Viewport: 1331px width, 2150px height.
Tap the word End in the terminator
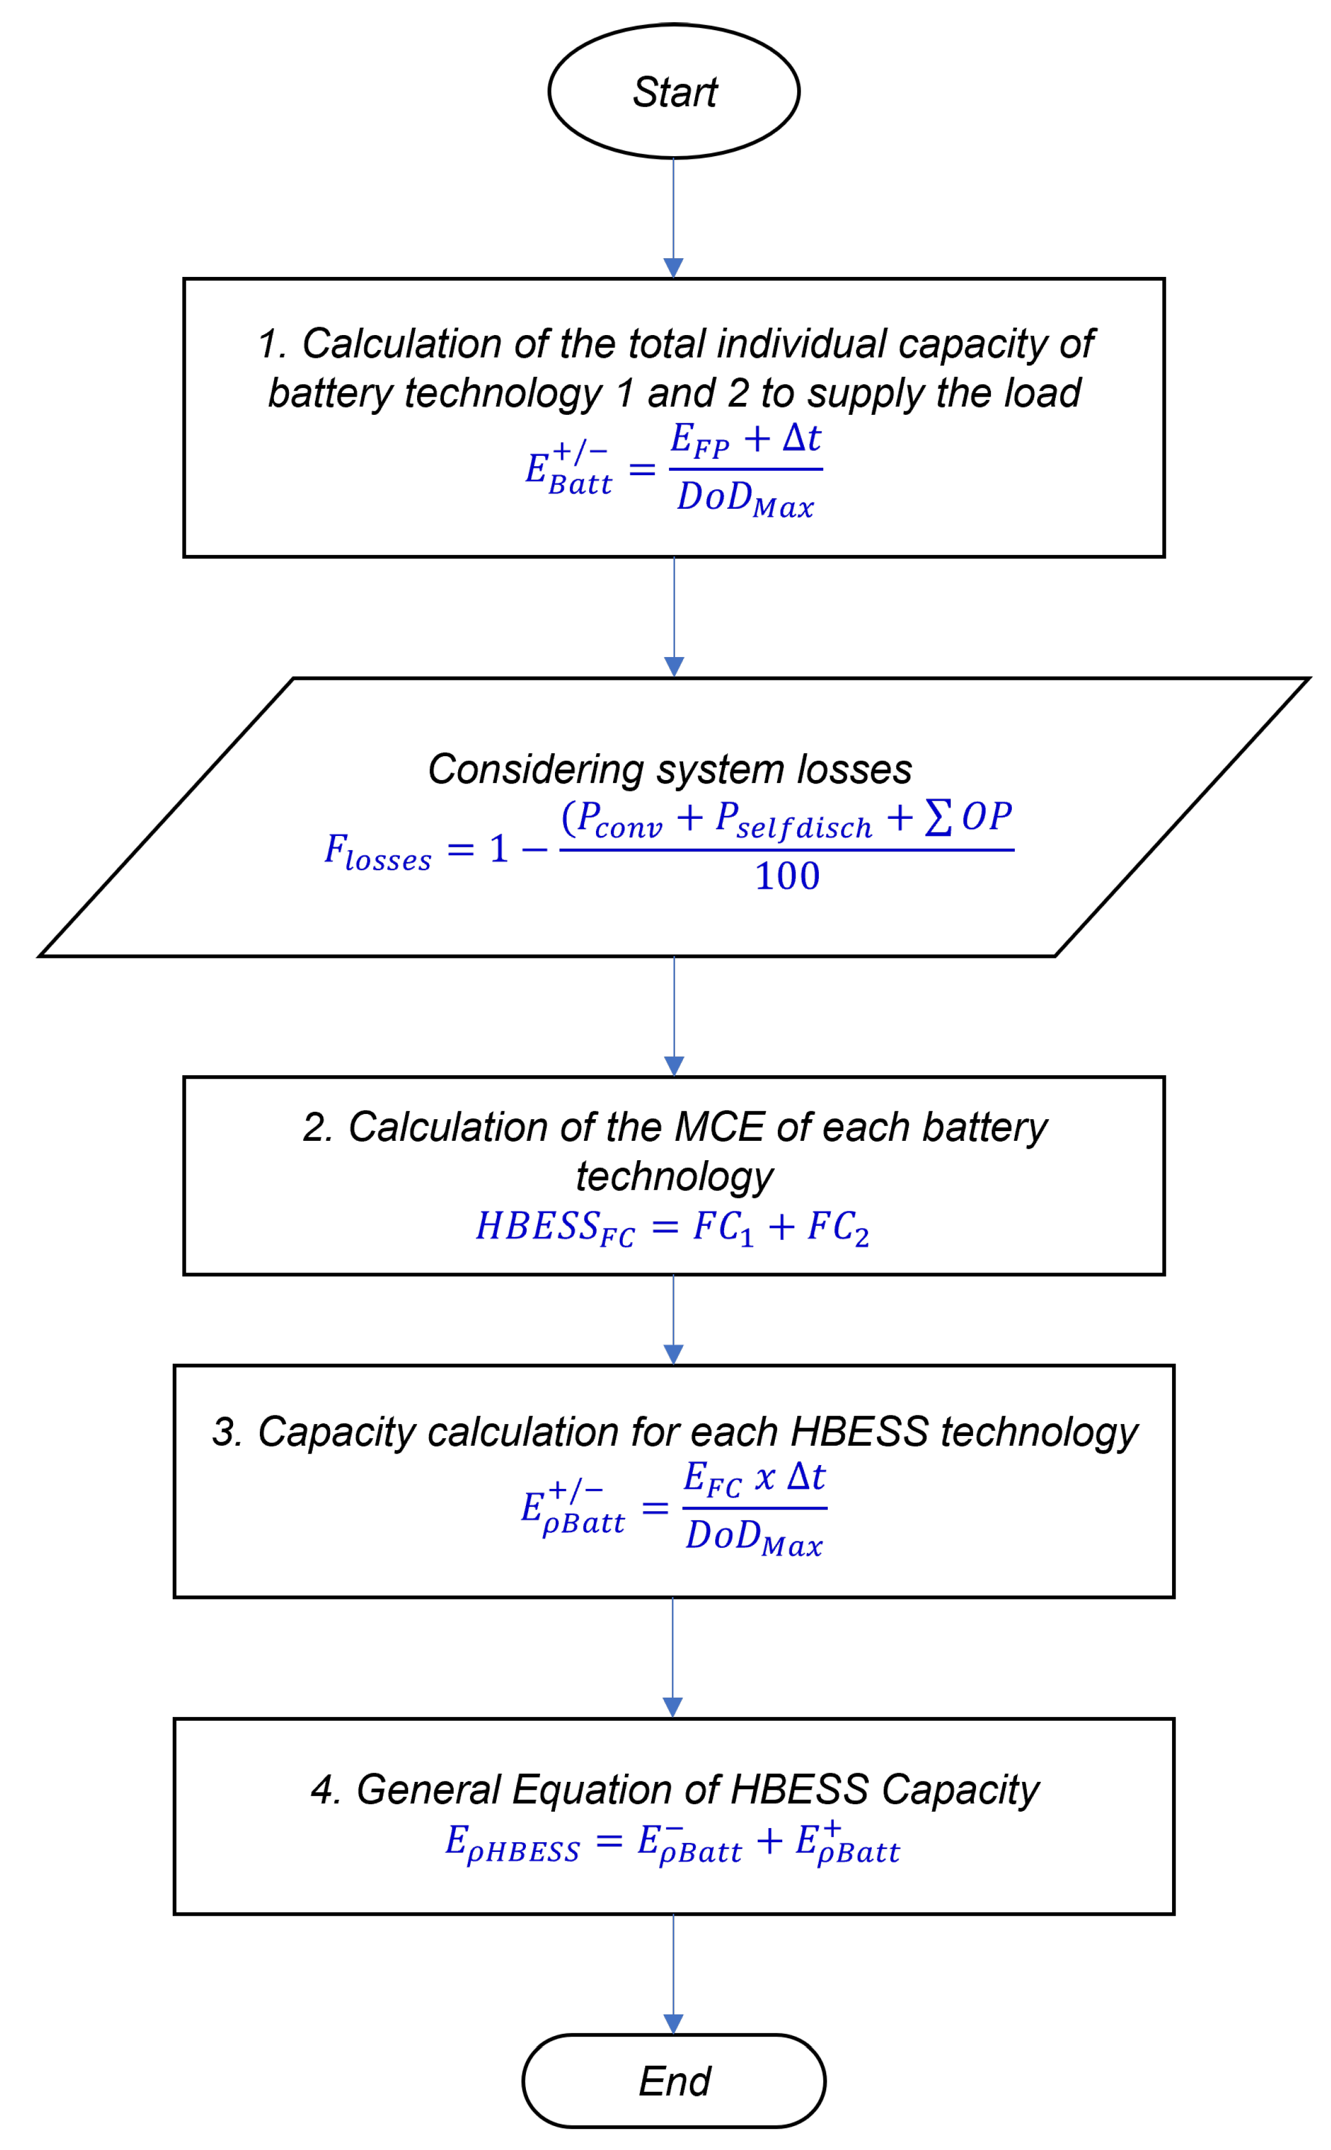point(674,2081)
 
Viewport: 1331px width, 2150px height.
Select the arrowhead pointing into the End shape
point(673,2024)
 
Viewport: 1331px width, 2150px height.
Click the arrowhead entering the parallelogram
point(674,667)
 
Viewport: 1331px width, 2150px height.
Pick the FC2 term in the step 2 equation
point(838,1227)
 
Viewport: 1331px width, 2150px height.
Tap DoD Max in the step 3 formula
point(753,1538)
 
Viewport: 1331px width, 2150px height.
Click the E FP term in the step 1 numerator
point(700,440)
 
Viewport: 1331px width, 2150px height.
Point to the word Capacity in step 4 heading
point(961,1790)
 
